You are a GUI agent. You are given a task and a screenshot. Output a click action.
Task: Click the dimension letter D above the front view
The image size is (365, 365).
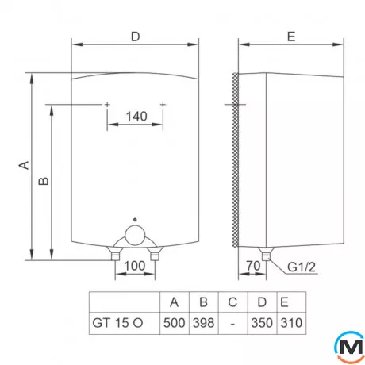(135, 36)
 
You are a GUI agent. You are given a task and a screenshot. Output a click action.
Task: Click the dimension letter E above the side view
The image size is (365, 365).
(290, 36)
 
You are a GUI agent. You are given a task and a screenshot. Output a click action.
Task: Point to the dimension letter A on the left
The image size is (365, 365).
(24, 166)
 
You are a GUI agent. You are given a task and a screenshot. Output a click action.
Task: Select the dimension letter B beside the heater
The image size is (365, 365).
(44, 181)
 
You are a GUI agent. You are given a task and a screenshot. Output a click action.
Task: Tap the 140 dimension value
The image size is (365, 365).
(136, 117)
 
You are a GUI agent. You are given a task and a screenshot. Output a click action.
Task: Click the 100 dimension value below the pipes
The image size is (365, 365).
(134, 265)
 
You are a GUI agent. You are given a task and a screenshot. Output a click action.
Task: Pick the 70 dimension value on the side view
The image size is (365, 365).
(253, 265)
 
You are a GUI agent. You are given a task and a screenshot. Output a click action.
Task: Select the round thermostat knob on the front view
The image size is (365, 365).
(136, 236)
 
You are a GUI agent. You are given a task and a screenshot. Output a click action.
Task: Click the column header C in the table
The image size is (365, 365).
(232, 302)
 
